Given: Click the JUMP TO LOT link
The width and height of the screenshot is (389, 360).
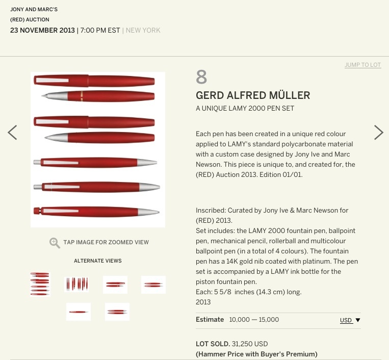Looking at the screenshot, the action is [362, 65].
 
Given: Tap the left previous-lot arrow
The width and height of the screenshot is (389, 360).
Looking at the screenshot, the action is [12, 133].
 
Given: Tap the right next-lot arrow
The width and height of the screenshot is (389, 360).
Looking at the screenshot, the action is [379, 133].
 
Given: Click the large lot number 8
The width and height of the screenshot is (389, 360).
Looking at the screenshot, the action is [201, 77].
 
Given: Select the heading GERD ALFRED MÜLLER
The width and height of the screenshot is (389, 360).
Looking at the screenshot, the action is [253, 95].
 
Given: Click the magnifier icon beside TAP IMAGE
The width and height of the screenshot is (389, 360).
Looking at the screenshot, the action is [55, 243].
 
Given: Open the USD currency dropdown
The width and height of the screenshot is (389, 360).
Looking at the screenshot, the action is [350, 320].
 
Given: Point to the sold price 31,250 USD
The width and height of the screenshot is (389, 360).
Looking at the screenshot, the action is [250, 344].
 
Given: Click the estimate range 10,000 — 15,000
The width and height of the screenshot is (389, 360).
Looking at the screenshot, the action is [254, 320].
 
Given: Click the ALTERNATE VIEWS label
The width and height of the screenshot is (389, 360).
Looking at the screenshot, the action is [98, 261].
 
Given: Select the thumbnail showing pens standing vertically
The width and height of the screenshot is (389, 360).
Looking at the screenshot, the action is [76, 285].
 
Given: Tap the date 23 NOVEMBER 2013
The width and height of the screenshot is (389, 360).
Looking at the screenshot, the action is [42, 30].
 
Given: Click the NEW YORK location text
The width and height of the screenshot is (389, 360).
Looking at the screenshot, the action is [143, 30].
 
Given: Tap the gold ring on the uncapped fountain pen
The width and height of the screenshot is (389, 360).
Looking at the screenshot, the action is [82, 96].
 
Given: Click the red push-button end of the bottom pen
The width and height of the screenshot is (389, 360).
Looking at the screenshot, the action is [37, 211].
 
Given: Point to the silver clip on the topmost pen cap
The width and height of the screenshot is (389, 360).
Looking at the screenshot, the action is [52, 81].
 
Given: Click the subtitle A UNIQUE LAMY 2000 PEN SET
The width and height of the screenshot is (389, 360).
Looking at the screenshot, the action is [245, 109].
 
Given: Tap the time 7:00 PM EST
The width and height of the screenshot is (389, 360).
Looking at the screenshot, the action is [100, 30].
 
